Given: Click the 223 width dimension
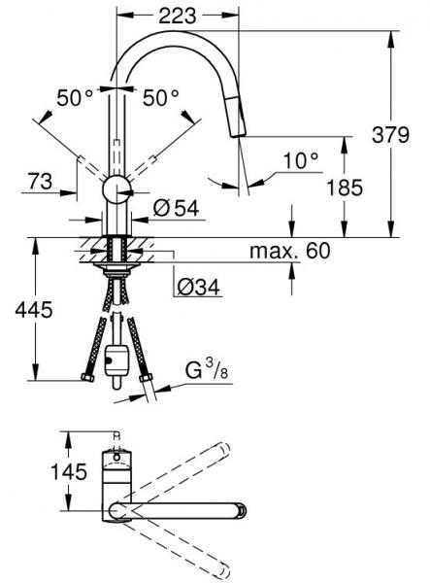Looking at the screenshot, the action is (177, 16).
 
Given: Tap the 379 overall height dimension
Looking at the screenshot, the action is (390, 135).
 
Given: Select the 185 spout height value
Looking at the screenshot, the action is (345, 187).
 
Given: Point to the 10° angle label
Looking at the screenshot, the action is (301, 160).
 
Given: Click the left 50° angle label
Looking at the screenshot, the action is (75, 98).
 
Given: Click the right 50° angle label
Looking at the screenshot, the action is (161, 98).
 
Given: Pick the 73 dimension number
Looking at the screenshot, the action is (40, 182).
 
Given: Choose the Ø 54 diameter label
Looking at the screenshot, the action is (176, 208).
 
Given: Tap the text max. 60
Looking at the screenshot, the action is (289, 251).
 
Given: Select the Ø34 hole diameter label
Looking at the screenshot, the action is (198, 287).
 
